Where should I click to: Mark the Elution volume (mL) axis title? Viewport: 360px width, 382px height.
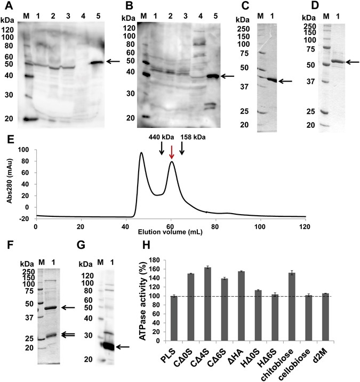pyautogui.click(x=169, y=233)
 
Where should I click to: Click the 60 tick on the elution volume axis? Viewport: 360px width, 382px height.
pyautogui.click(x=170, y=226)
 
